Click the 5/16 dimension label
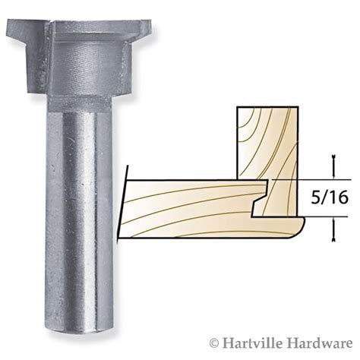330,197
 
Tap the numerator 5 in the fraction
316,197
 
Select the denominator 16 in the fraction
339,197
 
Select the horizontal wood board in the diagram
190,209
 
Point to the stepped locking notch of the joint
260,204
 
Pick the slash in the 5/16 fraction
325,197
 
